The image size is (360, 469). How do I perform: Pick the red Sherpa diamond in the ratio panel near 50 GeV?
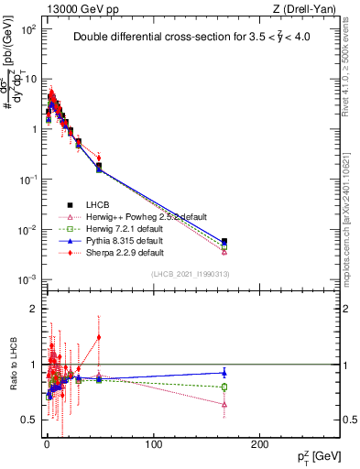(99, 337)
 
